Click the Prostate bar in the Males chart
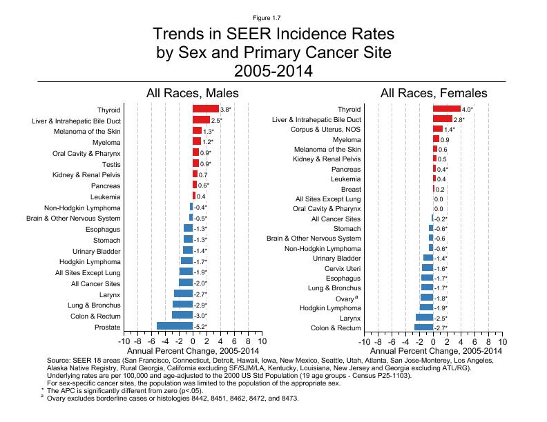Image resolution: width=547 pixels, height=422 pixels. tap(175, 326)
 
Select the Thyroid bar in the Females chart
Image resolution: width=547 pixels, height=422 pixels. tap(447, 109)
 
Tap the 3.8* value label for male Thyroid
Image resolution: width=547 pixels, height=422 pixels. tap(225, 109)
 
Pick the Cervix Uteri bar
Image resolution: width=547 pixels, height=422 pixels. tap(428, 268)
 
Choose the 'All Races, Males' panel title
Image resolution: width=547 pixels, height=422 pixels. tap(192, 93)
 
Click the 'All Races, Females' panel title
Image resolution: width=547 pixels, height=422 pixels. tap(434, 93)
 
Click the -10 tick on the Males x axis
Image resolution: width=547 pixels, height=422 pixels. tap(124, 341)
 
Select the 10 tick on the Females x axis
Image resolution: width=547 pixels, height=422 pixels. tap(502, 341)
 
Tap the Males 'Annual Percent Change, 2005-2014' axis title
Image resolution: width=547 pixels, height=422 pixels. tap(193, 351)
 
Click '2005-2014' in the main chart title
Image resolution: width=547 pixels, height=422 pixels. tap(273, 70)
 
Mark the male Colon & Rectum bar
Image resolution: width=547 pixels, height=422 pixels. tap(182, 315)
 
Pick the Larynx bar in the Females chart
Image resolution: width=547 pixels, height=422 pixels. tap(425, 317)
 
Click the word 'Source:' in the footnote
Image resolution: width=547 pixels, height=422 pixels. tap(60, 361)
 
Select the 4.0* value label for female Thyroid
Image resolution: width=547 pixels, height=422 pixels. tap(467, 109)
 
